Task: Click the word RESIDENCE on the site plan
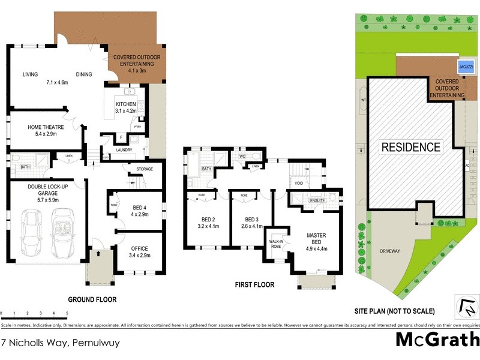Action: pos(411,147)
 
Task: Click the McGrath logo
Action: pos(437,340)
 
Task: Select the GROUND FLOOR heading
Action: pos(92,299)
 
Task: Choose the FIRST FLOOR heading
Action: pos(254,285)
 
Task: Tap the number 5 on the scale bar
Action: pos(67,313)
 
